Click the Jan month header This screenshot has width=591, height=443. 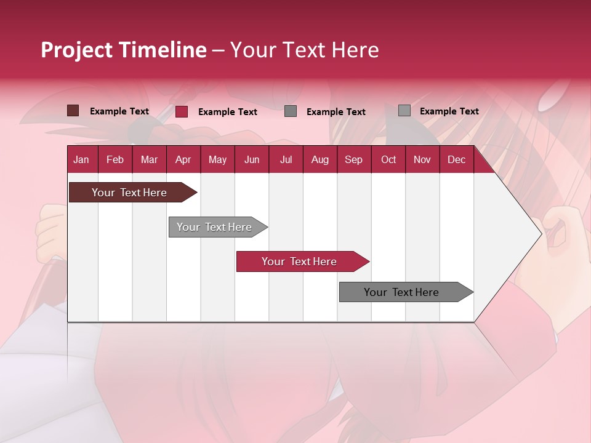(x=82, y=159)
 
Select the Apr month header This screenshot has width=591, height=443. (x=183, y=159)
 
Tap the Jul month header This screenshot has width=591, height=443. (x=286, y=159)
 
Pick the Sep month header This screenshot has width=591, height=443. (x=353, y=159)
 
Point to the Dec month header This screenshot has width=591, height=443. (x=456, y=159)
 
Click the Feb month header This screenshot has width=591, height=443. (x=115, y=159)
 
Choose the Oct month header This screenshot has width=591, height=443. (x=388, y=159)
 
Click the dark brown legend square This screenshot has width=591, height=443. (x=73, y=111)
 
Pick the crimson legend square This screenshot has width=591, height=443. (x=182, y=111)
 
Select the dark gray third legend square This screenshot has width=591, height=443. (x=291, y=111)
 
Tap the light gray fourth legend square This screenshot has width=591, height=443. (x=404, y=111)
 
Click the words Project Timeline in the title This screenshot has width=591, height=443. (x=124, y=50)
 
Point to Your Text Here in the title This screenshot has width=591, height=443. (x=305, y=50)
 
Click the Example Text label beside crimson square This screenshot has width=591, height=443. (x=228, y=112)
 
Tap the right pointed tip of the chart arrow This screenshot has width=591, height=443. (x=539, y=234)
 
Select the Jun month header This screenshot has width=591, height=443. (x=252, y=159)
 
